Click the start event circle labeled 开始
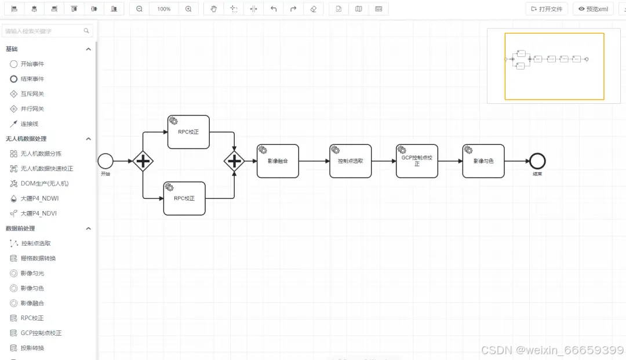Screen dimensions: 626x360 click(x=105, y=161)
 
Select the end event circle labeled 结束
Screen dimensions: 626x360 click(x=537, y=161)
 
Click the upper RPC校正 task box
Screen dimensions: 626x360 click(x=188, y=132)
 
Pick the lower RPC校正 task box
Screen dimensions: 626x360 click(x=184, y=198)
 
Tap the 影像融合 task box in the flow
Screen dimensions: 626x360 click(x=278, y=161)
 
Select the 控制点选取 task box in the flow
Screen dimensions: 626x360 click(x=351, y=161)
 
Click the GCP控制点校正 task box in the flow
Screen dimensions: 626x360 click(x=417, y=161)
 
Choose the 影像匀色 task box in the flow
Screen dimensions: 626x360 click(x=483, y=161)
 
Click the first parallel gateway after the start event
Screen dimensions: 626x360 click(x=143, y=161)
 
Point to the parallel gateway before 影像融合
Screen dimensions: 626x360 click(x=234, y=161)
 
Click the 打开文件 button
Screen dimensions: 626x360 click(x=547, y=9)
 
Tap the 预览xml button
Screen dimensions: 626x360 click(x=593, y=9)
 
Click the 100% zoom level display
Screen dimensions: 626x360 click(x=164, y=9)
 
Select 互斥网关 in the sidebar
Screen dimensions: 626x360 click(x=32, y=94)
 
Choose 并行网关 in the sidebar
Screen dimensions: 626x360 click(x=32, y=109)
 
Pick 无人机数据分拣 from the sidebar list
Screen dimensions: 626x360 click(x=41, y=154)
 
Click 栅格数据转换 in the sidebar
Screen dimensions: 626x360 click(x=38, y=259)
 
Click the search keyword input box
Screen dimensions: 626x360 click(x=43, y=31)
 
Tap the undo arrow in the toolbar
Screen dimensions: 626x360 click(x=274, y=9)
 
